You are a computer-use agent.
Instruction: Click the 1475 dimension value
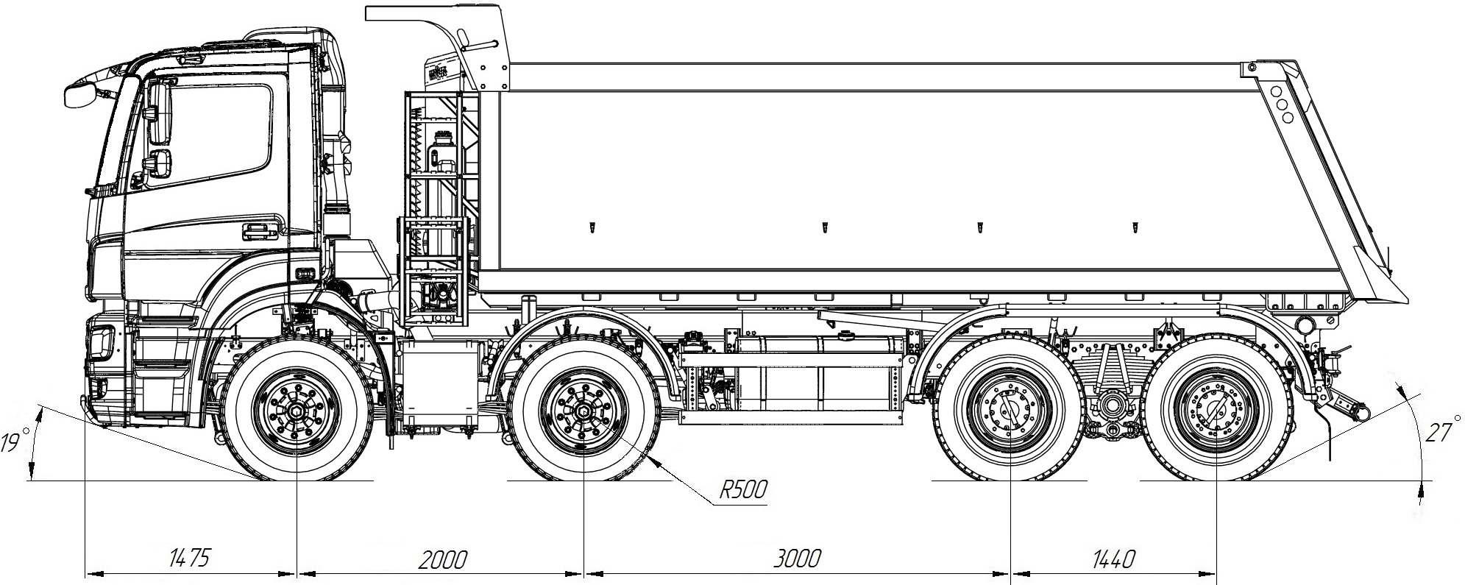click(x=189, y=559)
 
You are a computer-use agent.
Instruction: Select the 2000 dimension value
click(x=441, y=560)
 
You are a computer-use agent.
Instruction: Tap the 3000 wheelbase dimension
click(x=796, y=559)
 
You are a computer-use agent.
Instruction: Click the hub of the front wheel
click(x=296, y=413)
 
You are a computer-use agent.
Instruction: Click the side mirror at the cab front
click(x=79, y=95)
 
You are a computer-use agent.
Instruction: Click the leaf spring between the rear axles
click(x=1111, y=368)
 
